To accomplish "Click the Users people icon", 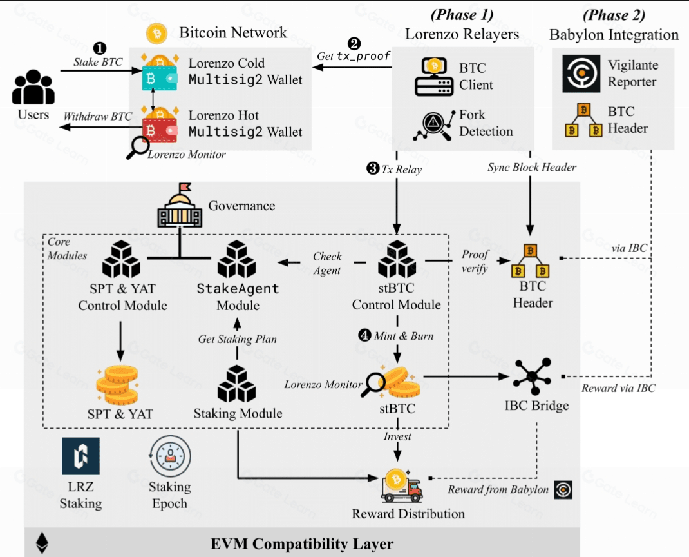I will coord(33,88).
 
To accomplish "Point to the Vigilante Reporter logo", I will coord(581,73).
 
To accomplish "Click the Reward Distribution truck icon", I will coord(401,486).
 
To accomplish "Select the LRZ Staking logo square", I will coord(80,456).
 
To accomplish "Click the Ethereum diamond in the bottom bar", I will coord(43,542).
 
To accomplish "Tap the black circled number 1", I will coord(100,48).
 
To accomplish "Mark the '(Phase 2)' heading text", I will coord(614,15).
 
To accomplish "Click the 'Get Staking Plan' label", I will coord(238,338).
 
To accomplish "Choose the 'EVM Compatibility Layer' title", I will coord(302,543).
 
